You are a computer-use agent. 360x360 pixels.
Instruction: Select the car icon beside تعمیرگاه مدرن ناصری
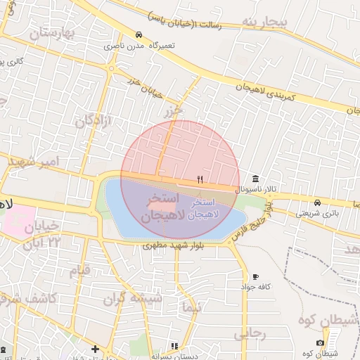tap(139, 34)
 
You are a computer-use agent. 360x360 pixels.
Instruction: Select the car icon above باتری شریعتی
tap(316, 202)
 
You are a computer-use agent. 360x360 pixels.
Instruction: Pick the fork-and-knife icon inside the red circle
tap(200, 180)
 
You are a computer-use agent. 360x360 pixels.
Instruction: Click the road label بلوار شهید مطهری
tap(173, 245)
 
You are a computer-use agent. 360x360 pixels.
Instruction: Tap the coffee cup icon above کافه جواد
tap(255, 276)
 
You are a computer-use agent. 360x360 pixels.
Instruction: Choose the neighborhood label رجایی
tap(250, 334)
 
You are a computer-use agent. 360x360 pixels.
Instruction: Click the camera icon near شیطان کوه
tap(320, 343)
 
